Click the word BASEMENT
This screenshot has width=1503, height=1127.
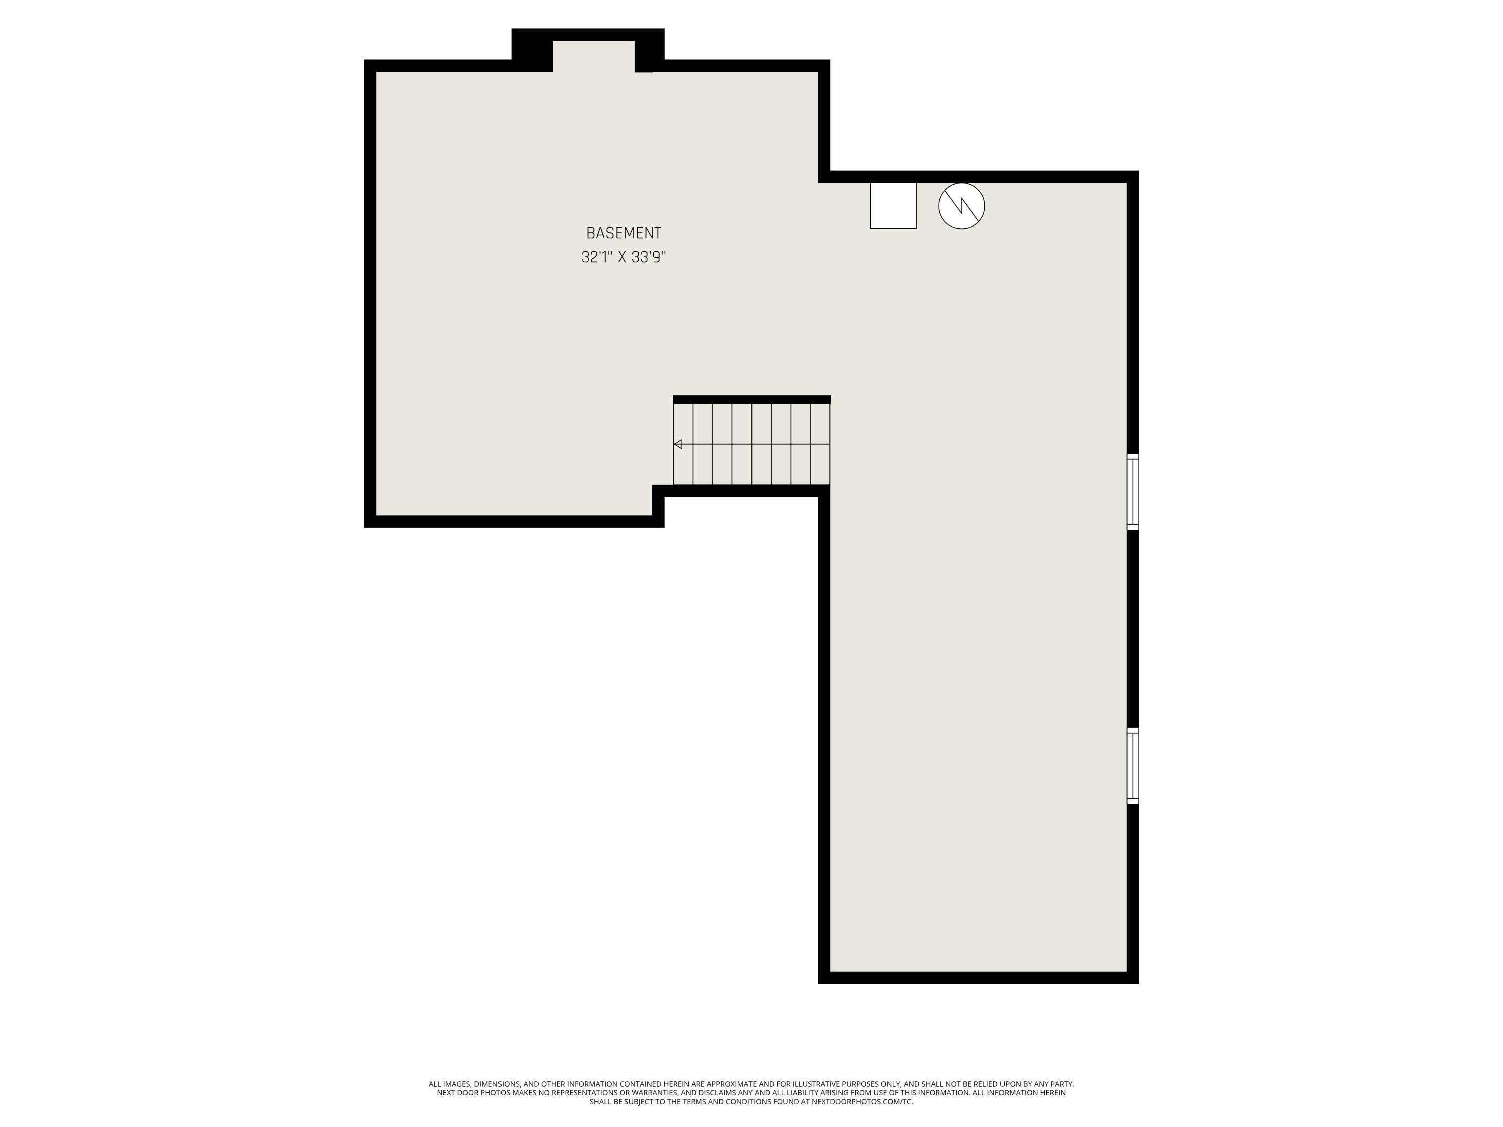[623, 233]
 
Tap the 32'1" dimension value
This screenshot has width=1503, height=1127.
[596, 257]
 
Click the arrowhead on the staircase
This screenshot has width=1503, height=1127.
[677, 444]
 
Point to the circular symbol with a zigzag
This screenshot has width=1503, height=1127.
[961, 206]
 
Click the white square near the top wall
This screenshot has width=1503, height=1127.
[893, 206]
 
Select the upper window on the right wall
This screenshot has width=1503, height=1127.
[1133, 492]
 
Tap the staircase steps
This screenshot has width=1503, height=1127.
[751, 444]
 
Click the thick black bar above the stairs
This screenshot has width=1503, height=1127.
[751, 399]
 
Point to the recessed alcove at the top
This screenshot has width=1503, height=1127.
[593, 56]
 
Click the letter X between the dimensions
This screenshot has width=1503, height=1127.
[622, 257]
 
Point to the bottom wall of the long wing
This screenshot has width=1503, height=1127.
[978, 978]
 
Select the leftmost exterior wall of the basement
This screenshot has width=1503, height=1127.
[370, 294]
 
